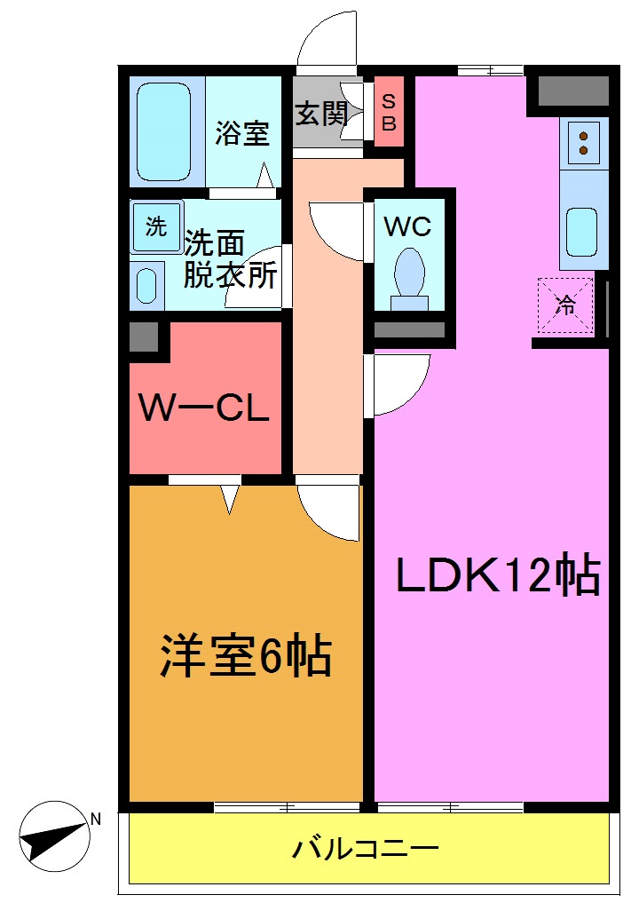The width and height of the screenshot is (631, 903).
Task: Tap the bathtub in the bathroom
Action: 165,132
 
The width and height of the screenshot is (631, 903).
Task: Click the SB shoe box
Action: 389,112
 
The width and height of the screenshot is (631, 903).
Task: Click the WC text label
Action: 407,226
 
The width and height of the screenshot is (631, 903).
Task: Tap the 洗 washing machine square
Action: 156,226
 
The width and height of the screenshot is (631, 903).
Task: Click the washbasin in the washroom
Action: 146,284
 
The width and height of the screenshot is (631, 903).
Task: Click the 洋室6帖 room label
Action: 245,657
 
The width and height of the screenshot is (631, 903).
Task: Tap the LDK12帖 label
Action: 498,577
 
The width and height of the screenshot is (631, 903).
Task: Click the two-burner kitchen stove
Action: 584,143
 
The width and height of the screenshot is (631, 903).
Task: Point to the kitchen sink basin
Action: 582,231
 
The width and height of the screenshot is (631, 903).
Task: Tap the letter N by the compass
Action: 96,819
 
